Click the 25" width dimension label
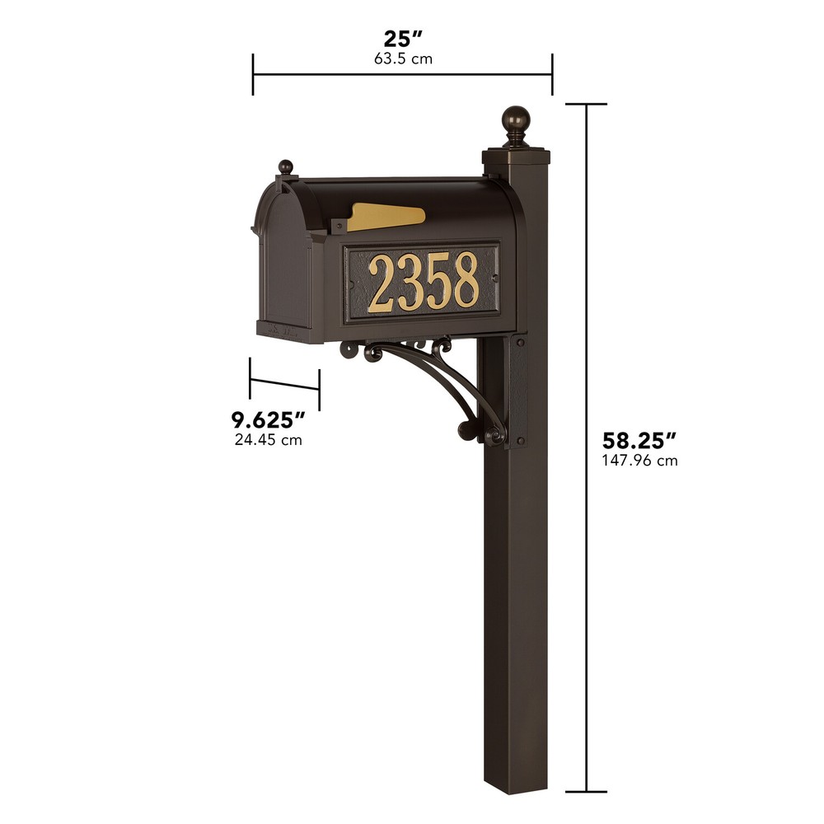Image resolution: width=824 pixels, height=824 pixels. pos(402,39)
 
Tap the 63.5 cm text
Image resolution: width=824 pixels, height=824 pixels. pos(402,59)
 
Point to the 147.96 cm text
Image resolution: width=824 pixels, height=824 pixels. pos(639,461)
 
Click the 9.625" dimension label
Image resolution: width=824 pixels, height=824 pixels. pos(269,419)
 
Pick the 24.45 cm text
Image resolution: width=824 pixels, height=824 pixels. pos(269,440)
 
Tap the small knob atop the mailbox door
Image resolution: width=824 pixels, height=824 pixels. pos(286,167)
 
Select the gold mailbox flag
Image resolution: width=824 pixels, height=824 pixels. pos(386,218)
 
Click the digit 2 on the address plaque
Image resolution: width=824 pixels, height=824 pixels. pos(381,283)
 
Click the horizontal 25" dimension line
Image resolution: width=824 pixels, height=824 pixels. pos(402,74)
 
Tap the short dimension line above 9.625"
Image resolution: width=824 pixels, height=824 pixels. pos(284,384)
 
